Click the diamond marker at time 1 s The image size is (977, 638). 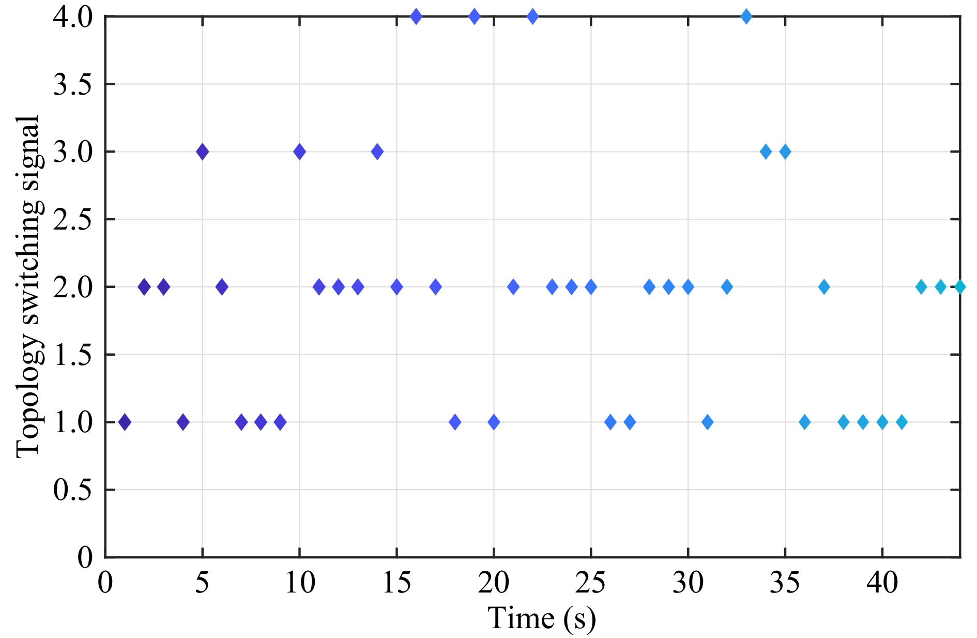coord(125,422)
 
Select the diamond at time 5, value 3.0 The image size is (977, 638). coord(202,151)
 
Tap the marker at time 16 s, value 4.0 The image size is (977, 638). coord(416,17)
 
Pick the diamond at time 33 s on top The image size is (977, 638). coord(746,17)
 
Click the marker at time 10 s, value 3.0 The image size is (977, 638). coord(299,151)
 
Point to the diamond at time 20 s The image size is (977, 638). coord(494,422)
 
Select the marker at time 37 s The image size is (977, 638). coord(824,286)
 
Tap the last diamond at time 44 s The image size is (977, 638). coord(959,286)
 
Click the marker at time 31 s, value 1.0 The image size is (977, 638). coord(707,422)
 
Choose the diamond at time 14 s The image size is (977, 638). coord(377,151)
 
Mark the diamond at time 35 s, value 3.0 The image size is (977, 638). coord(785,151)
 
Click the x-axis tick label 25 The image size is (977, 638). coord(590,583)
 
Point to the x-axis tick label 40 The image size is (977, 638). coord(882,583)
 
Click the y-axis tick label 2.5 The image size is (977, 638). coord(72,220)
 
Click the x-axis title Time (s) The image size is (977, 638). coord(541,618)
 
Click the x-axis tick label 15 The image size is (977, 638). coord(396,583)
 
